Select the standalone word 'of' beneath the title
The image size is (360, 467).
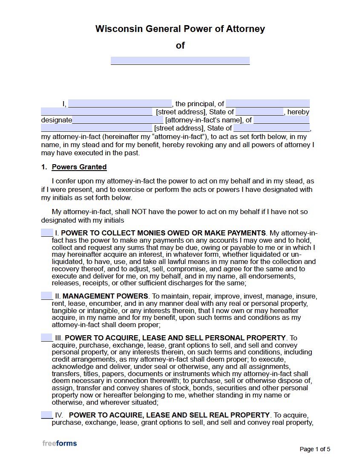click(x=180, y=46)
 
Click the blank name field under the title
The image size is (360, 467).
click(x=180, y=61)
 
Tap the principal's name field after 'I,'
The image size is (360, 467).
click(x=120, y=104)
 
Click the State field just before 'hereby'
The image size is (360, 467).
click(x=259, y=112)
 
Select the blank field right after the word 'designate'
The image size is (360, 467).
click(x=118, y=120)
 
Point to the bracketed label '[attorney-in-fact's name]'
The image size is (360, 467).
click(x=204, y=120)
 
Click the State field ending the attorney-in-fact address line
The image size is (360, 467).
click(x=271, y=128)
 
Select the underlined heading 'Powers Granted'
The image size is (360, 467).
click(x=79, y=167)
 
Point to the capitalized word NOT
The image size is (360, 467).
click(x=139, y=212)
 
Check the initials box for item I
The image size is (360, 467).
click(x=46, y=232)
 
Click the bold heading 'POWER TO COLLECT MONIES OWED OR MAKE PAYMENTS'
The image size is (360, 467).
click(x=164, y=233)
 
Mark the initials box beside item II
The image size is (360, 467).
click(x=46, y=296)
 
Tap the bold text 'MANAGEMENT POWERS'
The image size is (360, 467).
click(x=105, y=296)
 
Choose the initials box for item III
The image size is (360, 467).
click(x=46, y=337)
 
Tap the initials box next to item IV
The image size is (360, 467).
click(x=46, y=415)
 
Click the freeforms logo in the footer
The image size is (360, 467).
click(x=60, y=443)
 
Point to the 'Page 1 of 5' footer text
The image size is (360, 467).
click(x=315, y=449)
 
